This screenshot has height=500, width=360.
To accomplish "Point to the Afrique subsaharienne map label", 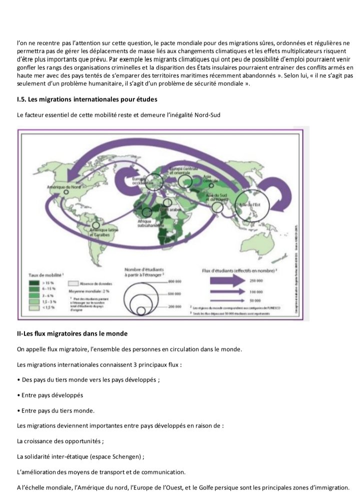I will [x=146, y=224].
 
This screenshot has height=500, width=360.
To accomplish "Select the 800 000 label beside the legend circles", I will [x=175, y=282].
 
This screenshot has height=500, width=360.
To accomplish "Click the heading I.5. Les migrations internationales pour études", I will [x=86, y=101].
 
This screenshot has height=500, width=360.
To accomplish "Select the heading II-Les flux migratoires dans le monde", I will [x=72, y=333].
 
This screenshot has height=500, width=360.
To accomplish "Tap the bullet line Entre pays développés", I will [x=49, y=395].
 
